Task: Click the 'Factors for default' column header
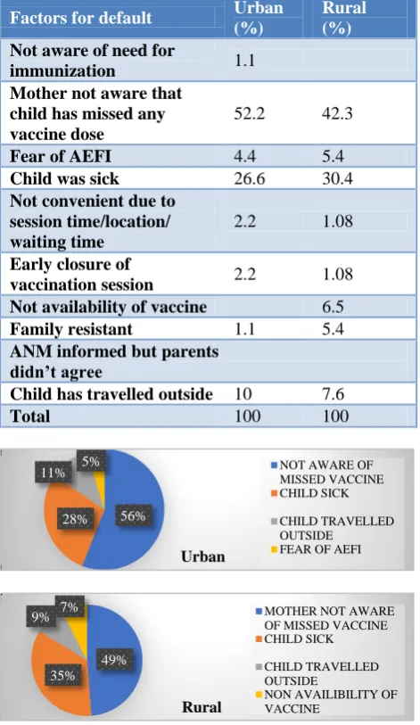point(80,18)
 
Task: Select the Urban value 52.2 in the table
point(249,113)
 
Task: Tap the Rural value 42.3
point(337,113)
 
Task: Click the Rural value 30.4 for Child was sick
point(337,178)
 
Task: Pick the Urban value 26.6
point(249,178)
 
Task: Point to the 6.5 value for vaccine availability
point(333,307)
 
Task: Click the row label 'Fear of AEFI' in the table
point(61,156)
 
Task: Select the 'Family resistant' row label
point(70,329)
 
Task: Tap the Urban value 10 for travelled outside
point(243,393)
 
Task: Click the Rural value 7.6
point(333,393)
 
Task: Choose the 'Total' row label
point(29,416)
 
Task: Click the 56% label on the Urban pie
point(133,516)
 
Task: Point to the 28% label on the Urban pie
point(75,519)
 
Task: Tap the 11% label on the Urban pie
point(54,473)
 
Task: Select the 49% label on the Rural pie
point(114,659)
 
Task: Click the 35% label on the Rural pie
point(62,675)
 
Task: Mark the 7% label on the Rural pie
point(70,606)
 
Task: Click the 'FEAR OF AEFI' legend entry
point(316,549)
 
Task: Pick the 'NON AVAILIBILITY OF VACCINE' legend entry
point(326,702)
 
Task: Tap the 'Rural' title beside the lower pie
point(202,707)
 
